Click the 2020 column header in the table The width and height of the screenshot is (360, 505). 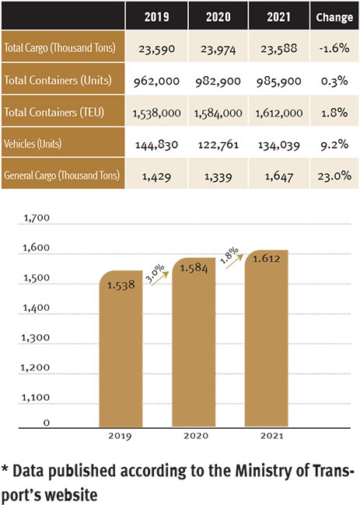[x=218, y=17]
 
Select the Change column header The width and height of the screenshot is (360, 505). [x=334, y=17]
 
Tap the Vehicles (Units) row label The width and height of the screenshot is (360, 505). [x=33, y=143]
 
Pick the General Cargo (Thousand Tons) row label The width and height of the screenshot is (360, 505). [x=61, y=176]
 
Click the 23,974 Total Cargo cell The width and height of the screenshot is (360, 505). [x=218, y=49]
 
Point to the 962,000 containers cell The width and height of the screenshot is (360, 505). [x=156, y=81]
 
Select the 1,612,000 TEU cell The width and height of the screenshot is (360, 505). [x=279, y=113]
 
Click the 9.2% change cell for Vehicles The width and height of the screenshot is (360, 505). [x=334, y=145]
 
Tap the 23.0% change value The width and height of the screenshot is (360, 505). [x=334, y=176]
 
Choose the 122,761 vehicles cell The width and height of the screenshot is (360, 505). [x=218, y=145]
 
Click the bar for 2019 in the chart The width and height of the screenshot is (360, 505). [x=121, y=349]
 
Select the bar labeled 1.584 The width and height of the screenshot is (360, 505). [x=194, y=343]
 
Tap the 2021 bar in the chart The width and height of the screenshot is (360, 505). [x=267, y=339]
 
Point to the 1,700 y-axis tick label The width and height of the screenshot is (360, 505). [x=37, y=218]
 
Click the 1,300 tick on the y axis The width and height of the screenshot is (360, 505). [x=36, y=338]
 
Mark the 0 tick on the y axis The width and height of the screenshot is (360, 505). [x=47, y=423]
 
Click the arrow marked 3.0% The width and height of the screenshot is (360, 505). [x=160, y=278]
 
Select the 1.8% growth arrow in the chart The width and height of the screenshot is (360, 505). [x=234, y=261]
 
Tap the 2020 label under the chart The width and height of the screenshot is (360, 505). [x=196, y=436]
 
